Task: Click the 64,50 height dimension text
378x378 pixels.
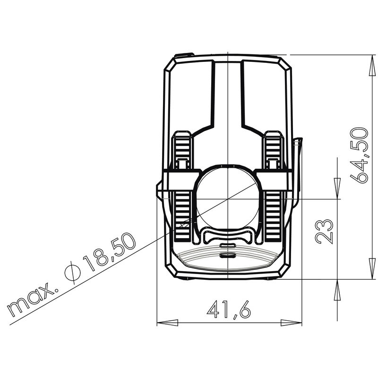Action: click(359, 155)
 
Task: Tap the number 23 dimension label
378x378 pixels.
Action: click(324, 232)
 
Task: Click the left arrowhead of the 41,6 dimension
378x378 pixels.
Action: click(168, 323)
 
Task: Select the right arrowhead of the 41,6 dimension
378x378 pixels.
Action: click(291, 323)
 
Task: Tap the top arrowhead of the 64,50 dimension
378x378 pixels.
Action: click(372, 65)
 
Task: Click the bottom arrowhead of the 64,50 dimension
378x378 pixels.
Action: click(372, 269)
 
